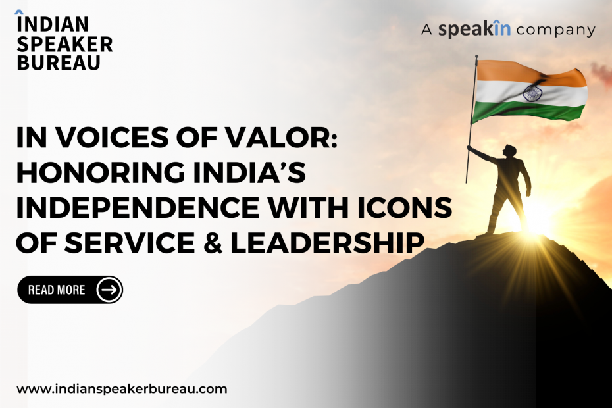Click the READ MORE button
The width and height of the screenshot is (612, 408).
[70, 290]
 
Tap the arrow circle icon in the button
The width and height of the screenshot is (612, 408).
[109, 290]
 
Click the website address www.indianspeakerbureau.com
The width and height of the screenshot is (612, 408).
[122, 390]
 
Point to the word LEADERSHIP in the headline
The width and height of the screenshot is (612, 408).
[327, 242]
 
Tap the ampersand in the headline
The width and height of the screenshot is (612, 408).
[213, 242]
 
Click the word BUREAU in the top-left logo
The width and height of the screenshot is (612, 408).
[59, 63]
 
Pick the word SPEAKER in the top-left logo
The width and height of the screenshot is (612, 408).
[64, 44]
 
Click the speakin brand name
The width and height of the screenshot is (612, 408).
[474, 30]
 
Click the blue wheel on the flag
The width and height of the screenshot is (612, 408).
[532, 93]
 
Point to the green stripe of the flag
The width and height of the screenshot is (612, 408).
[529, 111]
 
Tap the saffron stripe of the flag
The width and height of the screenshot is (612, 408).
[531, 74]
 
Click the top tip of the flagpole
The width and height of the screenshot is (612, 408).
[476, 56]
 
